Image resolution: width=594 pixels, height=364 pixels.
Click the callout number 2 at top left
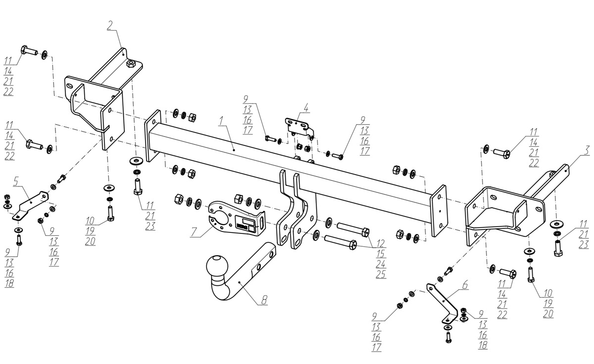coord(109,25)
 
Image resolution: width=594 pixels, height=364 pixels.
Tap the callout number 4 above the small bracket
coord(306,107)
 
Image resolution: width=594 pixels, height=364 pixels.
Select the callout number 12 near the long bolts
coord(380,243)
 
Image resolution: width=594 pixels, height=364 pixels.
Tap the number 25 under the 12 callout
coord(380,274)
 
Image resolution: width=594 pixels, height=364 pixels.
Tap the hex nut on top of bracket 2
coord(131,64)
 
